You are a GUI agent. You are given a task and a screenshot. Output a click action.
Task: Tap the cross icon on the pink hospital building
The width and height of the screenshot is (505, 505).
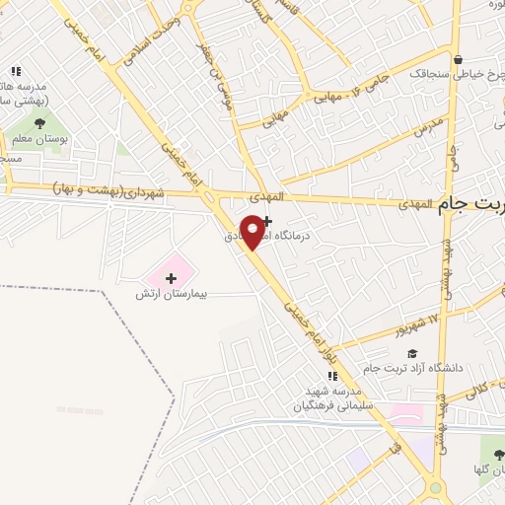click(172, 278)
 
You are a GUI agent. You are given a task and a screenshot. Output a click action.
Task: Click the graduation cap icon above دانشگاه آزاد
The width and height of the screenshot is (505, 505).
click(412, 353)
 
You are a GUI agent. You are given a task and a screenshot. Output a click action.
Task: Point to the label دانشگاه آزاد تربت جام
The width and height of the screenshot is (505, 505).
click(412, 368)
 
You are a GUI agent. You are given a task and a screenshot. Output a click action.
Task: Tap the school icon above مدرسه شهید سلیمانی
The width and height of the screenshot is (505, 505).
click(332, 376)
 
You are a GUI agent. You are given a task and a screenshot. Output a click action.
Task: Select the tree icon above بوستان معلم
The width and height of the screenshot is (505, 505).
click(39, 123)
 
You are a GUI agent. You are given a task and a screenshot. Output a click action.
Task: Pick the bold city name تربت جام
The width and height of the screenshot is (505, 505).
click(468, 203)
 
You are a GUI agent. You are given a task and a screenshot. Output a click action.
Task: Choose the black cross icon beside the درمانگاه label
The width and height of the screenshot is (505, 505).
click(266, 221)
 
